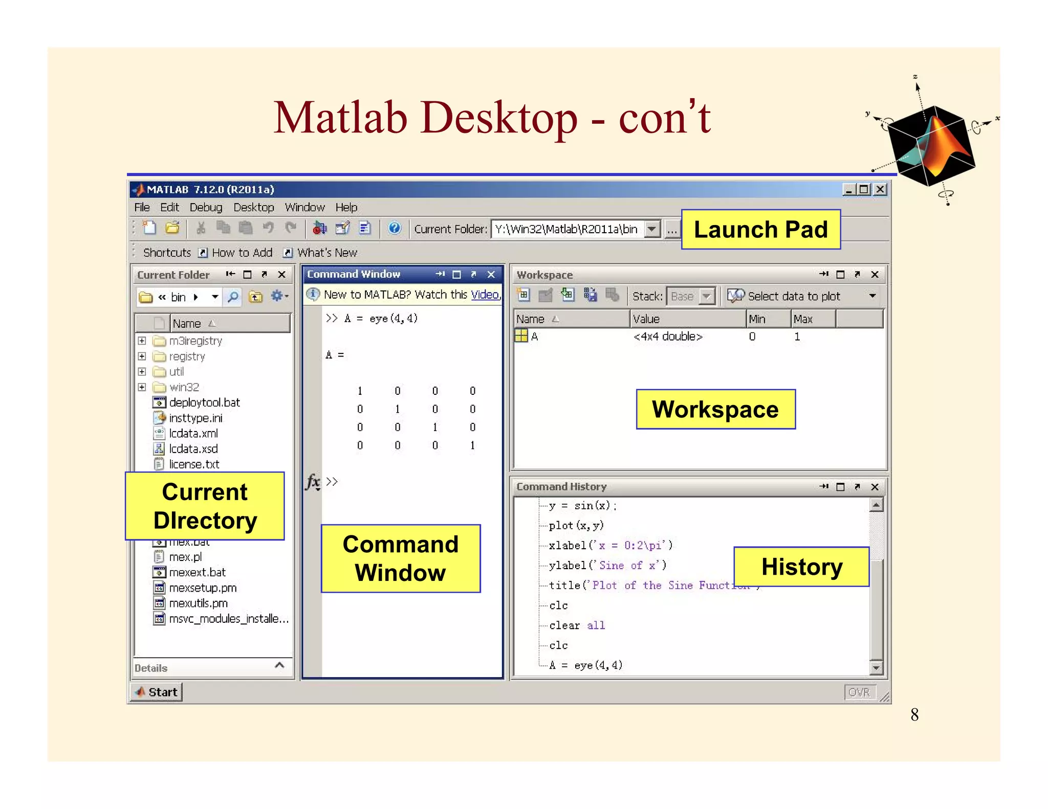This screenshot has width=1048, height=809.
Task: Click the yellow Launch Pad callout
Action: (x=760, y=230)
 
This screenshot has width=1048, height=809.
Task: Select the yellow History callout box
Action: (x=801, y=567)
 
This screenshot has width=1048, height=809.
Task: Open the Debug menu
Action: (x=206, y=208)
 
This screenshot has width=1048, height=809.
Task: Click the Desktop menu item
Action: (x=254, y=208)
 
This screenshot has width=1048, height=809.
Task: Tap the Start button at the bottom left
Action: (x=157, y=692)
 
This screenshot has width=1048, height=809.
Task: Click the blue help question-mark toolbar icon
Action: (x=394, y=228)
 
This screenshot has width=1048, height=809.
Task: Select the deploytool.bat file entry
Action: (x=204, y=403)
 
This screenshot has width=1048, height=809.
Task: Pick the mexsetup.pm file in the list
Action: (x=203, y=588)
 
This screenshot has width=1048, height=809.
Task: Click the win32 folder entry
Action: (x=184, y=388)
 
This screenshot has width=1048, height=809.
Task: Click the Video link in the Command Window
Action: (x=485, y=295)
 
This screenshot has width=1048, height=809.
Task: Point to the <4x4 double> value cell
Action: (x=668, y=336)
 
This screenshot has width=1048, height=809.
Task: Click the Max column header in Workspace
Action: (x=803, y=319)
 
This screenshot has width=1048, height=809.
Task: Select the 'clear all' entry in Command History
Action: (x=577, y=625)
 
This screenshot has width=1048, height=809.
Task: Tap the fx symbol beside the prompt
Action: (x=313, y=482)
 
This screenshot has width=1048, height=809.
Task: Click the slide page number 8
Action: (x=914, y=714)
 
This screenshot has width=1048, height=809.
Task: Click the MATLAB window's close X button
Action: (x=880, y=190)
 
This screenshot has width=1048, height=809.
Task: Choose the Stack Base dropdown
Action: (x=690, y=297)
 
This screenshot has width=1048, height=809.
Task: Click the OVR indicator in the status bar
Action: (x=859, y=692)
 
